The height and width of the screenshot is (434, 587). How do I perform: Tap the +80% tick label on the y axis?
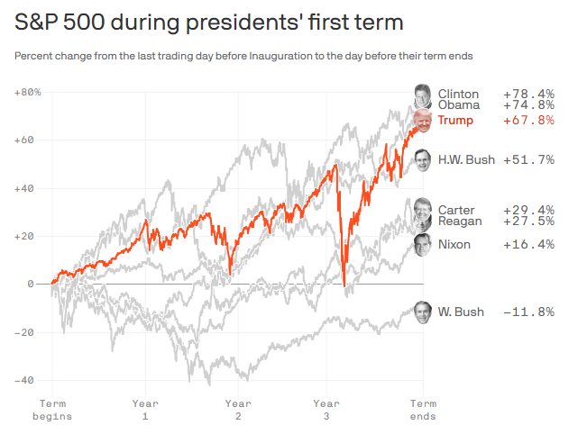(x=28, y=93)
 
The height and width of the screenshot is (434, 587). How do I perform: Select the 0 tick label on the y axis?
(x=31, y=285)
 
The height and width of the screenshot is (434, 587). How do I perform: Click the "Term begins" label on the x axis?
(x=53, y=410)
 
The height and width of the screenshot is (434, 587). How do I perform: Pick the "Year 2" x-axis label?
(x=238, y=410)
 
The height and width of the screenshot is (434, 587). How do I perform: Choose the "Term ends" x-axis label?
(x=423, y=410)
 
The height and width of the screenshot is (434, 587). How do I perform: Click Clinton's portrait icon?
(x=422, y=93)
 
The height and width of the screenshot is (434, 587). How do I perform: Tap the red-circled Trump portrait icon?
(x=423, y=120)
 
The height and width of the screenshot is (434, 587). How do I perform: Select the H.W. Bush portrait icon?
(x=423, y=159)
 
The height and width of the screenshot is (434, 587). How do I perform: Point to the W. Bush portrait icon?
(x=422, y=312)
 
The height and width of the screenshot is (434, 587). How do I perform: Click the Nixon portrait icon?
(x=422, y=244)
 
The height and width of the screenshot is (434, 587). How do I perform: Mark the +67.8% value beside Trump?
(x=528, y=120)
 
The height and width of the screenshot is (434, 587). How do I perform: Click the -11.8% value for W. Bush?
(x=528, y=312)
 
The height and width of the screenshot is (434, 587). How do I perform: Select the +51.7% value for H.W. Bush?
(x=528, y=159)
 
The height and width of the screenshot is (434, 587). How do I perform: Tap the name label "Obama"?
(x=458, y=105)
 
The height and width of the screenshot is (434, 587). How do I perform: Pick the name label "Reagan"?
(x=460, y=222)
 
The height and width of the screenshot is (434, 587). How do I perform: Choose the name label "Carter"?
(x=456, y=210)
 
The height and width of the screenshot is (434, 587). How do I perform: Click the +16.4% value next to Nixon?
(x=528, y=244)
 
